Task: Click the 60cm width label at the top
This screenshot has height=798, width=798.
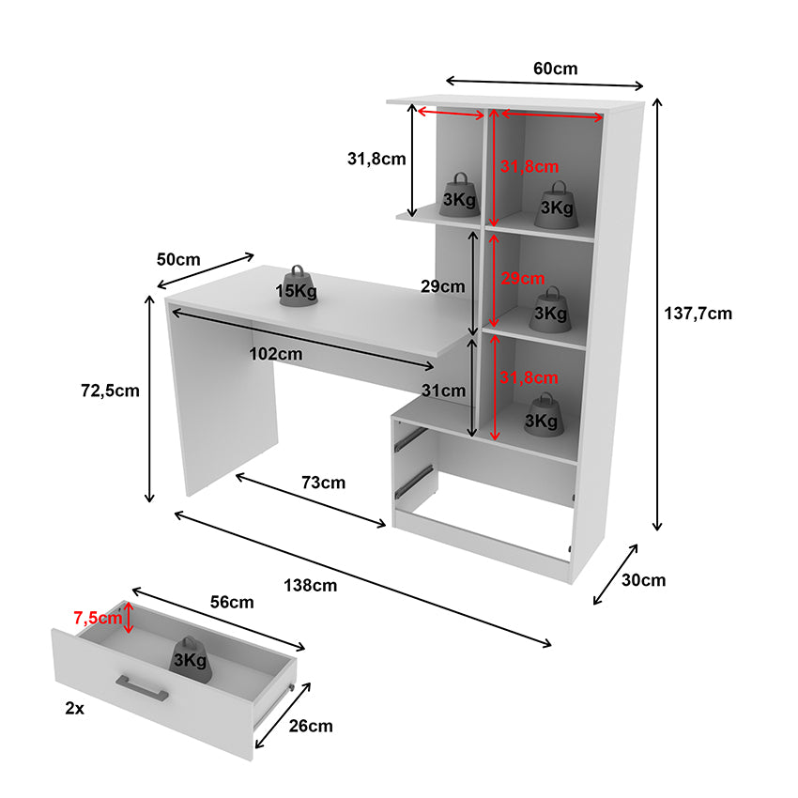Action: [555, 69]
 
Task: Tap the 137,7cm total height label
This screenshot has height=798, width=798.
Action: [698, 314]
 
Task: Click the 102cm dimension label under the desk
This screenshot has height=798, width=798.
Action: [276, 354]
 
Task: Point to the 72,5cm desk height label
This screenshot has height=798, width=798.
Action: [110, 391]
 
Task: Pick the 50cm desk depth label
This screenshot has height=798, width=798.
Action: [178, 259]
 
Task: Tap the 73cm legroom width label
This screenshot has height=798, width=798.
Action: [323, 483]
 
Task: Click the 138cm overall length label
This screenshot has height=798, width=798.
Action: [311, 585]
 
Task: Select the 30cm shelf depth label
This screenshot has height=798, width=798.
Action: [643, 580]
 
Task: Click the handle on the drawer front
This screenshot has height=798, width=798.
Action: [142, 687]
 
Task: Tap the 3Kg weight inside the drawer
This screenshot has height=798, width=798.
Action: [191, 660]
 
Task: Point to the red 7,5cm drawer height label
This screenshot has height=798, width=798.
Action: [98, 618]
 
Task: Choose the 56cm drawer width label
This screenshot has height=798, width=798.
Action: [232, 602]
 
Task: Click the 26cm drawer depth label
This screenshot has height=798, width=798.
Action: [311, 726]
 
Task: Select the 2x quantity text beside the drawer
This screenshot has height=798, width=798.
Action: [75, 708]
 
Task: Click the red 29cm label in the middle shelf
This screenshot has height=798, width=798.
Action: [523, 278]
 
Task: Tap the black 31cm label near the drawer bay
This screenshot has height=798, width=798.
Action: [443, 391]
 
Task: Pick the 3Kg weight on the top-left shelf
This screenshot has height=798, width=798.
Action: [460, 195]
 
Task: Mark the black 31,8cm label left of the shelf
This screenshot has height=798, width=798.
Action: [376, 159]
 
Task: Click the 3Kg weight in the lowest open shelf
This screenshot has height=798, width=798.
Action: [542, 415]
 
